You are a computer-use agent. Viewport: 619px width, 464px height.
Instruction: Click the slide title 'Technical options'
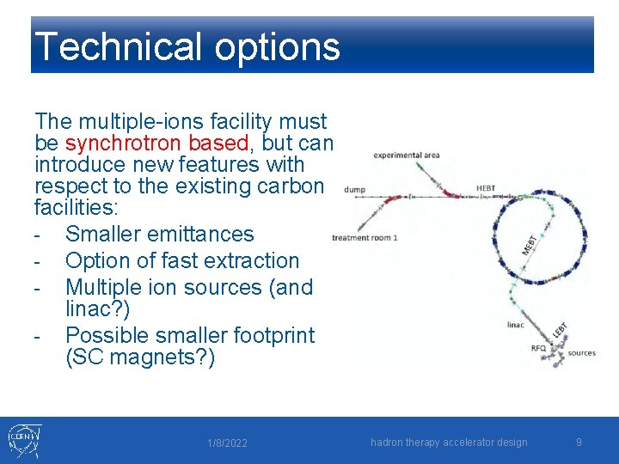point(187,46)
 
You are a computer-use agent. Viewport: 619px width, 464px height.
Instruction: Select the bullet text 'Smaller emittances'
point(160,234)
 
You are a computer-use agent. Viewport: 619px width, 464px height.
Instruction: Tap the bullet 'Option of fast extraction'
point(182,260)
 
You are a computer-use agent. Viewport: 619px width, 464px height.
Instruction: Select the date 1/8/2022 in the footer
point(227,443)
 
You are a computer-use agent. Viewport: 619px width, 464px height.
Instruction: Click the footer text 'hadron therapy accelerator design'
point(449,443)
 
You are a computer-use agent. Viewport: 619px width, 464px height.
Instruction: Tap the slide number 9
point(579,443)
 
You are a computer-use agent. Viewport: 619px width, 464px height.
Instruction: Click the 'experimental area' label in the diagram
point(407,156)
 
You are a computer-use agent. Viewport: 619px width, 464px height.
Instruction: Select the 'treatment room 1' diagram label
point(365,238)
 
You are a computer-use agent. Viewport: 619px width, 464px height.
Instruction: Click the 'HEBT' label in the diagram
point(485,189)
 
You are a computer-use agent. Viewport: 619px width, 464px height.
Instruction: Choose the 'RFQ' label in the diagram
point(538,348)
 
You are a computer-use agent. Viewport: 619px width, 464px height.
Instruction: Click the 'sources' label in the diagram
point(581,353)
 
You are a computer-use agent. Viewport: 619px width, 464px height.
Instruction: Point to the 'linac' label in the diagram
point(516,325)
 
